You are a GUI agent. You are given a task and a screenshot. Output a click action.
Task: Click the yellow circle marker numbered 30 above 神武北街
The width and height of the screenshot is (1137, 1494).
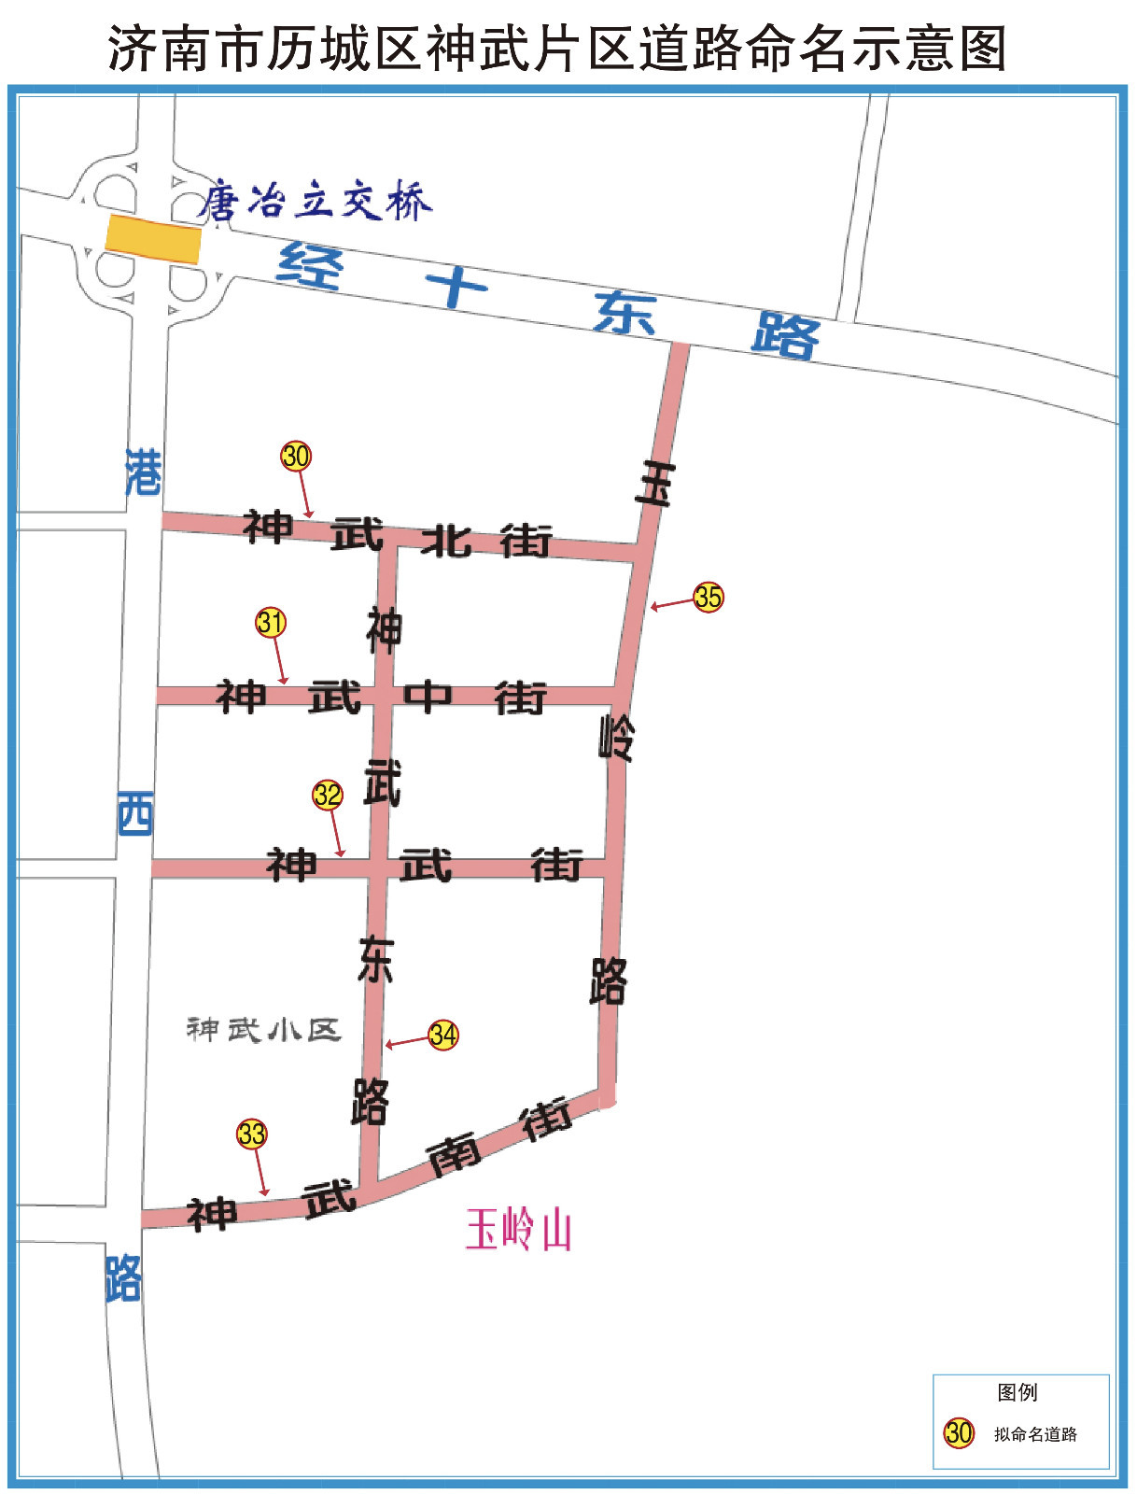click(296, 456)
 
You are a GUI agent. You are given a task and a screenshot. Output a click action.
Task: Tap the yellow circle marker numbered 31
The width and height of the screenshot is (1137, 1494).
click(271, 622)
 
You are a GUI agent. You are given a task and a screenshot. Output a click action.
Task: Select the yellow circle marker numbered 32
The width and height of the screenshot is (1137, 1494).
click(328, 795)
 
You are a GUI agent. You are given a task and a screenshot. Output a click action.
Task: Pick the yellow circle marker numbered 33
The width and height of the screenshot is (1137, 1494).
click(252, 1134)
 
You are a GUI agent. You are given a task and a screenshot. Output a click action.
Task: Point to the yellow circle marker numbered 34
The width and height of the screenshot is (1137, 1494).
click(443, 1035)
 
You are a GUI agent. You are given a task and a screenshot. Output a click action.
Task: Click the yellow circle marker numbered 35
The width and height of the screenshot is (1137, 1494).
click(709, 597)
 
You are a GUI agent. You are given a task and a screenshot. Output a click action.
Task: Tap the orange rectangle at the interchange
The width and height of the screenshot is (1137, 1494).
click(153, 239)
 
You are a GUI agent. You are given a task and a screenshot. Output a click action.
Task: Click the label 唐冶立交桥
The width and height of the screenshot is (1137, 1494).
click(316, 201)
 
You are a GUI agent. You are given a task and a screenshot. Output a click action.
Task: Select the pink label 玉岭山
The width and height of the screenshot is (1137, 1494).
click(518, 1230)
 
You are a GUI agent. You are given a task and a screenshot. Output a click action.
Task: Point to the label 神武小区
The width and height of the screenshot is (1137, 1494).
click(264, 1030)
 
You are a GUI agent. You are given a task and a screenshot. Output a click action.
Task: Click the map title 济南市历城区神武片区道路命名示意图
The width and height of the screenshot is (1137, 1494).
click(557, 49)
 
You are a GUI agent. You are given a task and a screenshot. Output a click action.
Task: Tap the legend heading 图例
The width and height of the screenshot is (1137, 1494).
click(1017, 1392)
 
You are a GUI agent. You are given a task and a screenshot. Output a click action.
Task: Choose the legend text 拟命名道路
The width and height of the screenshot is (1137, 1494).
click(1035, 1434)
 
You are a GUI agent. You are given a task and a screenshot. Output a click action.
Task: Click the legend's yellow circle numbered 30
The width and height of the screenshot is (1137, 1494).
click(959, 1432)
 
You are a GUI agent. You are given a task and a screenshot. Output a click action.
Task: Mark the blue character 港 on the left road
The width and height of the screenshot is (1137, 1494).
click(143, 472)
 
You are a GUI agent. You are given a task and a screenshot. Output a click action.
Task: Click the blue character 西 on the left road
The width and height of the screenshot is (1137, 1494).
click(135, 814)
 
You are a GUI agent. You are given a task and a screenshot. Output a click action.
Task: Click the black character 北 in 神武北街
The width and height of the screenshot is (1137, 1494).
click(446, 541)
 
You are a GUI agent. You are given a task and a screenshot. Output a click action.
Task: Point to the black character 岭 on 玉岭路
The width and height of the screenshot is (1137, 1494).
click(616, 738)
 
